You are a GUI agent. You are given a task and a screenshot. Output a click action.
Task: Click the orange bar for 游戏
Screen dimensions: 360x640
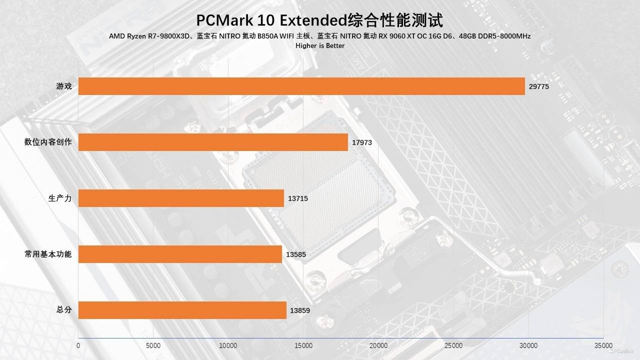[301, 86]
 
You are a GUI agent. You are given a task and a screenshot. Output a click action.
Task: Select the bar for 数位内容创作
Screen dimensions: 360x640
[213, 142]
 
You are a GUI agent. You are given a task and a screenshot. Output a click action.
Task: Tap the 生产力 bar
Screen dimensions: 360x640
[181, 198]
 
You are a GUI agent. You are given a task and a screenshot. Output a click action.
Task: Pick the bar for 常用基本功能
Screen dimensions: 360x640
[180, 254]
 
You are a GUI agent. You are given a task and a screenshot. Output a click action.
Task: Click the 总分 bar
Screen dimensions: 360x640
[182, 310]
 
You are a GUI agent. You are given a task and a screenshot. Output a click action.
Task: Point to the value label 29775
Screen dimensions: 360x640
[539, 86]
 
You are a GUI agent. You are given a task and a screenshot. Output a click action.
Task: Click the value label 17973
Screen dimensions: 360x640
[362, 142]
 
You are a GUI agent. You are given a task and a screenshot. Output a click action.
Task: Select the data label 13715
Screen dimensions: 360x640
[298, 198]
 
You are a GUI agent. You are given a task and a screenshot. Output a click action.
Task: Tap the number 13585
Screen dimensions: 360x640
[296, 254]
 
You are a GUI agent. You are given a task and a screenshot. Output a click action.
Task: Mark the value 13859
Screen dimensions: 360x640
[300, 310]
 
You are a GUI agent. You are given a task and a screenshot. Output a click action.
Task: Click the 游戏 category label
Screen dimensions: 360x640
[64, 86]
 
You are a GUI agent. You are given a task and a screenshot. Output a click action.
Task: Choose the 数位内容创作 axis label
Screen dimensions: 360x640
[48, 142]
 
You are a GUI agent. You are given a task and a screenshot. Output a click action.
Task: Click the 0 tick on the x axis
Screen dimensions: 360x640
[78, 345]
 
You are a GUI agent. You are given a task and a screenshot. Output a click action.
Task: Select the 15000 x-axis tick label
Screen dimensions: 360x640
[303, 345]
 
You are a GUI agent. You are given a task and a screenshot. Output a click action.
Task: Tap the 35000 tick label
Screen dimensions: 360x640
[603, 345]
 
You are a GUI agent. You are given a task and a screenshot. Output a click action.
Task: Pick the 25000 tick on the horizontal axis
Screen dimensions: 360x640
[453, 345]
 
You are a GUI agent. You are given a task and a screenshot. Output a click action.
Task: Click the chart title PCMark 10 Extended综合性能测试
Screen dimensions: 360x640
[319, 20]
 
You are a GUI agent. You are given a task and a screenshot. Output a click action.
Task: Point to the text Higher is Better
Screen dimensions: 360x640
[320, 45]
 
